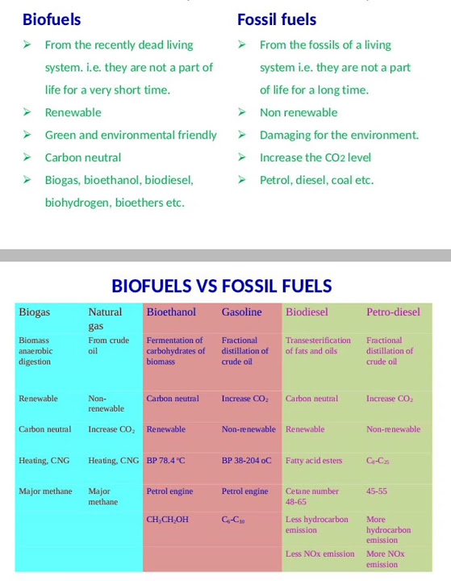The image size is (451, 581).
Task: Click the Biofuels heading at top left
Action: pos(52,19)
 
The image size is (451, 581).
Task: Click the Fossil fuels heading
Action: pos(277,19)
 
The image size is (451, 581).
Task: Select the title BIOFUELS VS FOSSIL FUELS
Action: pos(222,286)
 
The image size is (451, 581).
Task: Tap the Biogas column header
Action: pos(34,312)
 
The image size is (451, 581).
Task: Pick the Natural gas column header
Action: pos(105,318)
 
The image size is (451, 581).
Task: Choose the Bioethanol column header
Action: pos(171,312)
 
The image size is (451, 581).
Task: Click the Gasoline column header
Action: pos(241,312)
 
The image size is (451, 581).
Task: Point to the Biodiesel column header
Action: pos(307,312)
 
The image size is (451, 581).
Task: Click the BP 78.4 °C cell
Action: pos(166,461)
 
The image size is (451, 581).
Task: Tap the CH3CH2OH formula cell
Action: pos(168,520)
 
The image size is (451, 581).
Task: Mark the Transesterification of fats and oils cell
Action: pos(318,345)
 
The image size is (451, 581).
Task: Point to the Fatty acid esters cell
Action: pos(314,461)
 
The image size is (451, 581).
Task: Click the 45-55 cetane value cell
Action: pos(377,491)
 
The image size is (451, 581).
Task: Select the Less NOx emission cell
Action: pos(319,554)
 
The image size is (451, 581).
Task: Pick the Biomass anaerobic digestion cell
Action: pos(35,351)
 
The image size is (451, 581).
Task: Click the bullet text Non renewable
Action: pos(299,112)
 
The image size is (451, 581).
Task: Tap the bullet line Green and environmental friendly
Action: pos(131,135)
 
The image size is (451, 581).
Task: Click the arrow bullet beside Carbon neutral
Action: pos(27,157)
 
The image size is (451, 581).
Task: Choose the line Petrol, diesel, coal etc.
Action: pos(316,180)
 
